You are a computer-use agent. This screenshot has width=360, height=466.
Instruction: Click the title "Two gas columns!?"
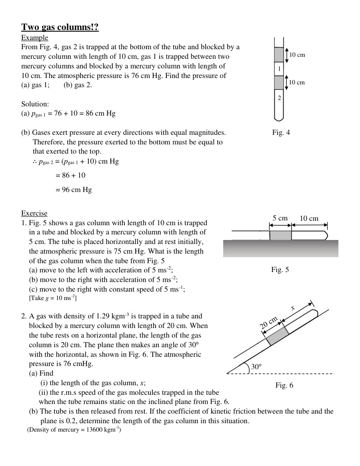click(60, 27)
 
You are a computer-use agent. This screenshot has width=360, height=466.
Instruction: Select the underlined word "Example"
click(34, 38)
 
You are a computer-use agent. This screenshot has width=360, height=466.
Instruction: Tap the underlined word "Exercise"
click(34, 213)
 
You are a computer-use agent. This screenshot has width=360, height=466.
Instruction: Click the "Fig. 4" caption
click(281, 132)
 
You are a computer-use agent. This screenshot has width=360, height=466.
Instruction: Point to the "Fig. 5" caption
click(280, 270)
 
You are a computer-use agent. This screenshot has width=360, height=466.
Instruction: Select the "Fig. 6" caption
click(284, 385)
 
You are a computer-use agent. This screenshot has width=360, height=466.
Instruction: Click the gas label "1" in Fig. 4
click(279, 69)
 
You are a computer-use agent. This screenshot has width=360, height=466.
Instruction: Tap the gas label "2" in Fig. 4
click(279, 98)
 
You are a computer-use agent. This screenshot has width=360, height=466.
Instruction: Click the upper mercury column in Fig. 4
click(279, 55)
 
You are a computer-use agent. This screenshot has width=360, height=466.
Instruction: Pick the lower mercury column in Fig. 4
click(279, 83)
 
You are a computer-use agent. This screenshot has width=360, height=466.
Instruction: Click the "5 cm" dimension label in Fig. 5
click(280, 218)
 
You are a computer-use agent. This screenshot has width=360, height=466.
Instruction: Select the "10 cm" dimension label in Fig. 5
click(309, 218)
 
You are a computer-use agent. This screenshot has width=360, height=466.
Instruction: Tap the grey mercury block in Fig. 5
click(280, 235)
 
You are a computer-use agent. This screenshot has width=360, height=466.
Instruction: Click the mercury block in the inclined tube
click(277, 336)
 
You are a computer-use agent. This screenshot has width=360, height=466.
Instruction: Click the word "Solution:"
click(35, 104)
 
